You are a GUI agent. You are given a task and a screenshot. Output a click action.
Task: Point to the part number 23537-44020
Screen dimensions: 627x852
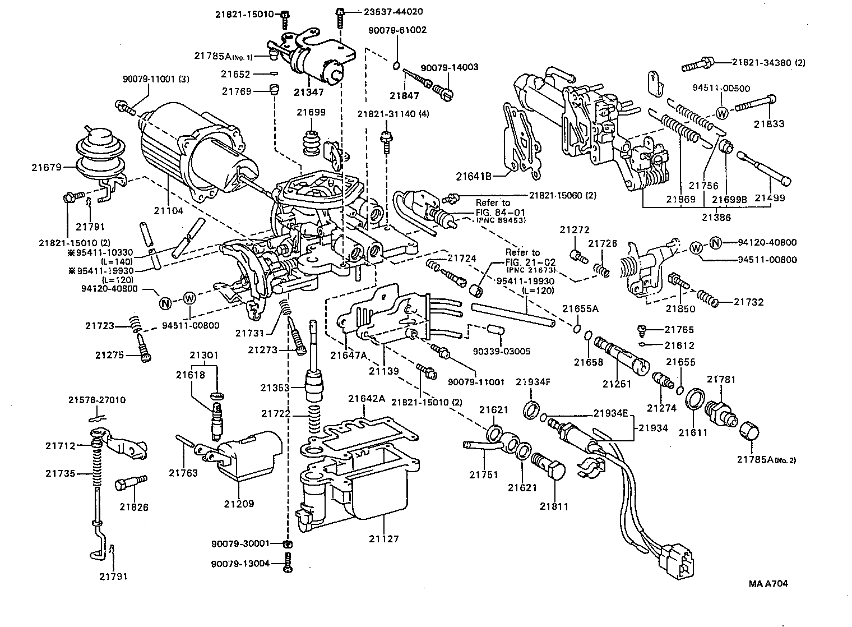point(386,11)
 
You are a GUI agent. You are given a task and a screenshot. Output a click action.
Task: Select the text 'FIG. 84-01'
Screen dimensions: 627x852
point(493,211)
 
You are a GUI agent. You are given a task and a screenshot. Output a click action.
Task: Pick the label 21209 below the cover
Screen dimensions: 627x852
point(239,504)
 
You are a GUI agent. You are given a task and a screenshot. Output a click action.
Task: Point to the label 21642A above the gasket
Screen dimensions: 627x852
point(367,399)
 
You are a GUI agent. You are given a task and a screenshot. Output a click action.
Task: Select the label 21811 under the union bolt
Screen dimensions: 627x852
point(554,506)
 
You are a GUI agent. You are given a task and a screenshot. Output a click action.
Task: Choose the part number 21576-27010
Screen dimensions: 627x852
point(97,400)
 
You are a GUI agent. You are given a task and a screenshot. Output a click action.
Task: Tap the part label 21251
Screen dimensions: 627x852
point(617,384)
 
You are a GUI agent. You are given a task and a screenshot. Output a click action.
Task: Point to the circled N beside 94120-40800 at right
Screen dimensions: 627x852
point(715,242)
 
